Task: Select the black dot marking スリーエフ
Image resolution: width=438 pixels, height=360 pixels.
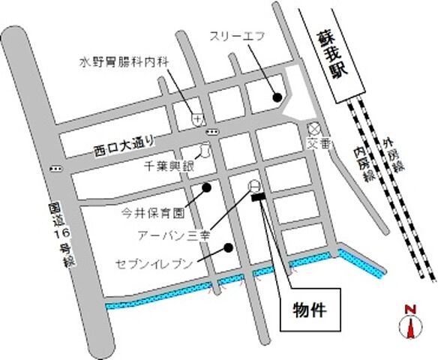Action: [x=277, y=97]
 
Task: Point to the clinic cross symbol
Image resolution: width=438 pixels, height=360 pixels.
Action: [x=196, y=118]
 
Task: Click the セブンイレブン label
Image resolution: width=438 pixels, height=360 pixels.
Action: [x=154, y=264]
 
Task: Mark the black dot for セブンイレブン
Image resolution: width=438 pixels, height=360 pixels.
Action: [x=228, y=247]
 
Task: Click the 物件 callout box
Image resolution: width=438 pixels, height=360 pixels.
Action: [x=308, y=310]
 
